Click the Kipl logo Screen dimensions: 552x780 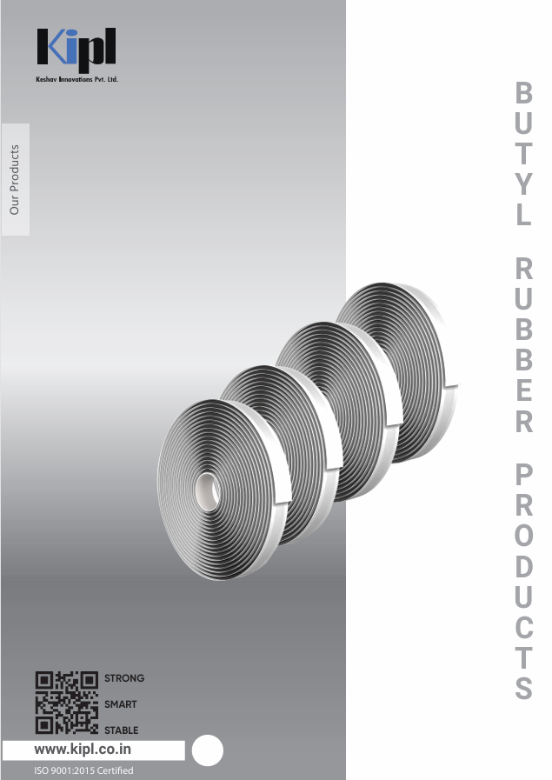(76, 50)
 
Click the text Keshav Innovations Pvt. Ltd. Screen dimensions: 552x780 (77, 79)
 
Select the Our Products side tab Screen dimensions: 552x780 (16, 180)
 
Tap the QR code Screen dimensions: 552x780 (67, 703)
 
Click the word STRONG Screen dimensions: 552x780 (124, 678)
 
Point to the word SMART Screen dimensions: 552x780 (120, 704)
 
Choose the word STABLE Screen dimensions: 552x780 (122, 730)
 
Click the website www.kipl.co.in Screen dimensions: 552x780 (83, 750)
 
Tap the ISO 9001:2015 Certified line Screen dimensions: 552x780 (83, 770)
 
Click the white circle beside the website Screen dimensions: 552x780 (208, 750)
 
